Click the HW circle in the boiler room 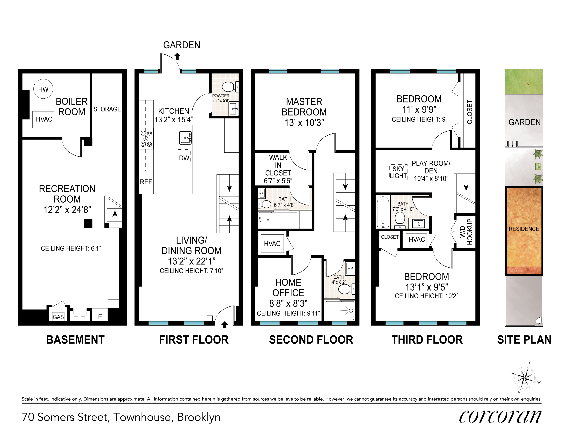43,89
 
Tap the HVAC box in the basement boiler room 43,119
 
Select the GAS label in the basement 58,317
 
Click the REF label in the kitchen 146,182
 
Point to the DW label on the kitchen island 184,158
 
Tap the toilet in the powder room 230,87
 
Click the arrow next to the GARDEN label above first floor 177,56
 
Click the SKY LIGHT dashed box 398,172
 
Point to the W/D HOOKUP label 466,232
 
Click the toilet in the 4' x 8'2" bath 346,288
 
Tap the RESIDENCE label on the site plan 524,229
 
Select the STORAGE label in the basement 107,109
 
